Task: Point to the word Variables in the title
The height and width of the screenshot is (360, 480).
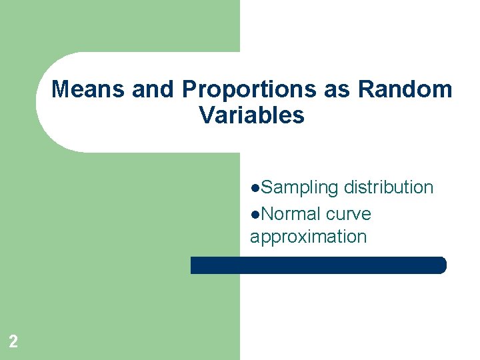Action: point(251,115)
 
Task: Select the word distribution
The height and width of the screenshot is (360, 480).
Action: point(389,188)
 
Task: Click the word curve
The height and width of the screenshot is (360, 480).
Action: point(349,214)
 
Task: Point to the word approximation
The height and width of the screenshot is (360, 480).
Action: point(308,237)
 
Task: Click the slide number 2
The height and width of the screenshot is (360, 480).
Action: point(13,342)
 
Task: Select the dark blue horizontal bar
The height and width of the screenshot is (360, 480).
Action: point(318,265)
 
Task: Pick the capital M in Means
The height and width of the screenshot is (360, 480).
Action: point(61,89)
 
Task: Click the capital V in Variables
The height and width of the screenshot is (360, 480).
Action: point(207,115)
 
